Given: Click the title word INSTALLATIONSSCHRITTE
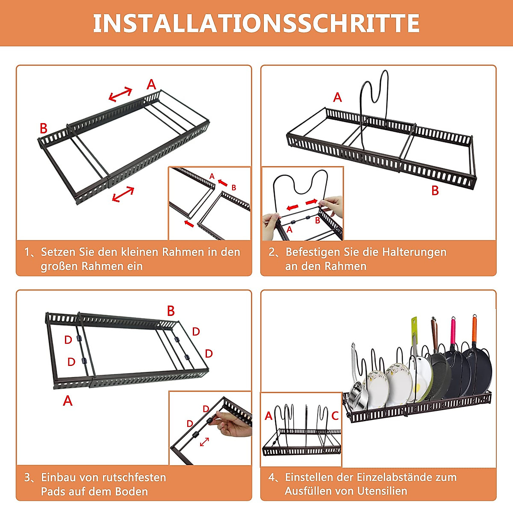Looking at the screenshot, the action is (x=256, y=24).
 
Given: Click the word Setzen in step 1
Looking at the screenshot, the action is (x=58, y=252).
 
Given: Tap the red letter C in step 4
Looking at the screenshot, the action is (x=335, y=416).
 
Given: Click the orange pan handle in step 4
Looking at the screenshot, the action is (x=474, y=329).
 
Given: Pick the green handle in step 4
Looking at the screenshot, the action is (x=414, y=330).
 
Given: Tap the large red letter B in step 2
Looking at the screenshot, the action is (x=435, y=191).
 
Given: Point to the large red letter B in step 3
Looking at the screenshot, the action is (x=171, y=311).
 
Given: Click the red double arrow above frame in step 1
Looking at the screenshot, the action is (x=120, y=94).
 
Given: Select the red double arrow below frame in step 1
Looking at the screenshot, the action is (x=123, y=194).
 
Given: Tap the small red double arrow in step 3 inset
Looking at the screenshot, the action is (x=204, y=442).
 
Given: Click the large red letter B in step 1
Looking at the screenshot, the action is (x=44, y=128).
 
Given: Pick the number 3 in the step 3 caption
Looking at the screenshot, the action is (x=27, y=478).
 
